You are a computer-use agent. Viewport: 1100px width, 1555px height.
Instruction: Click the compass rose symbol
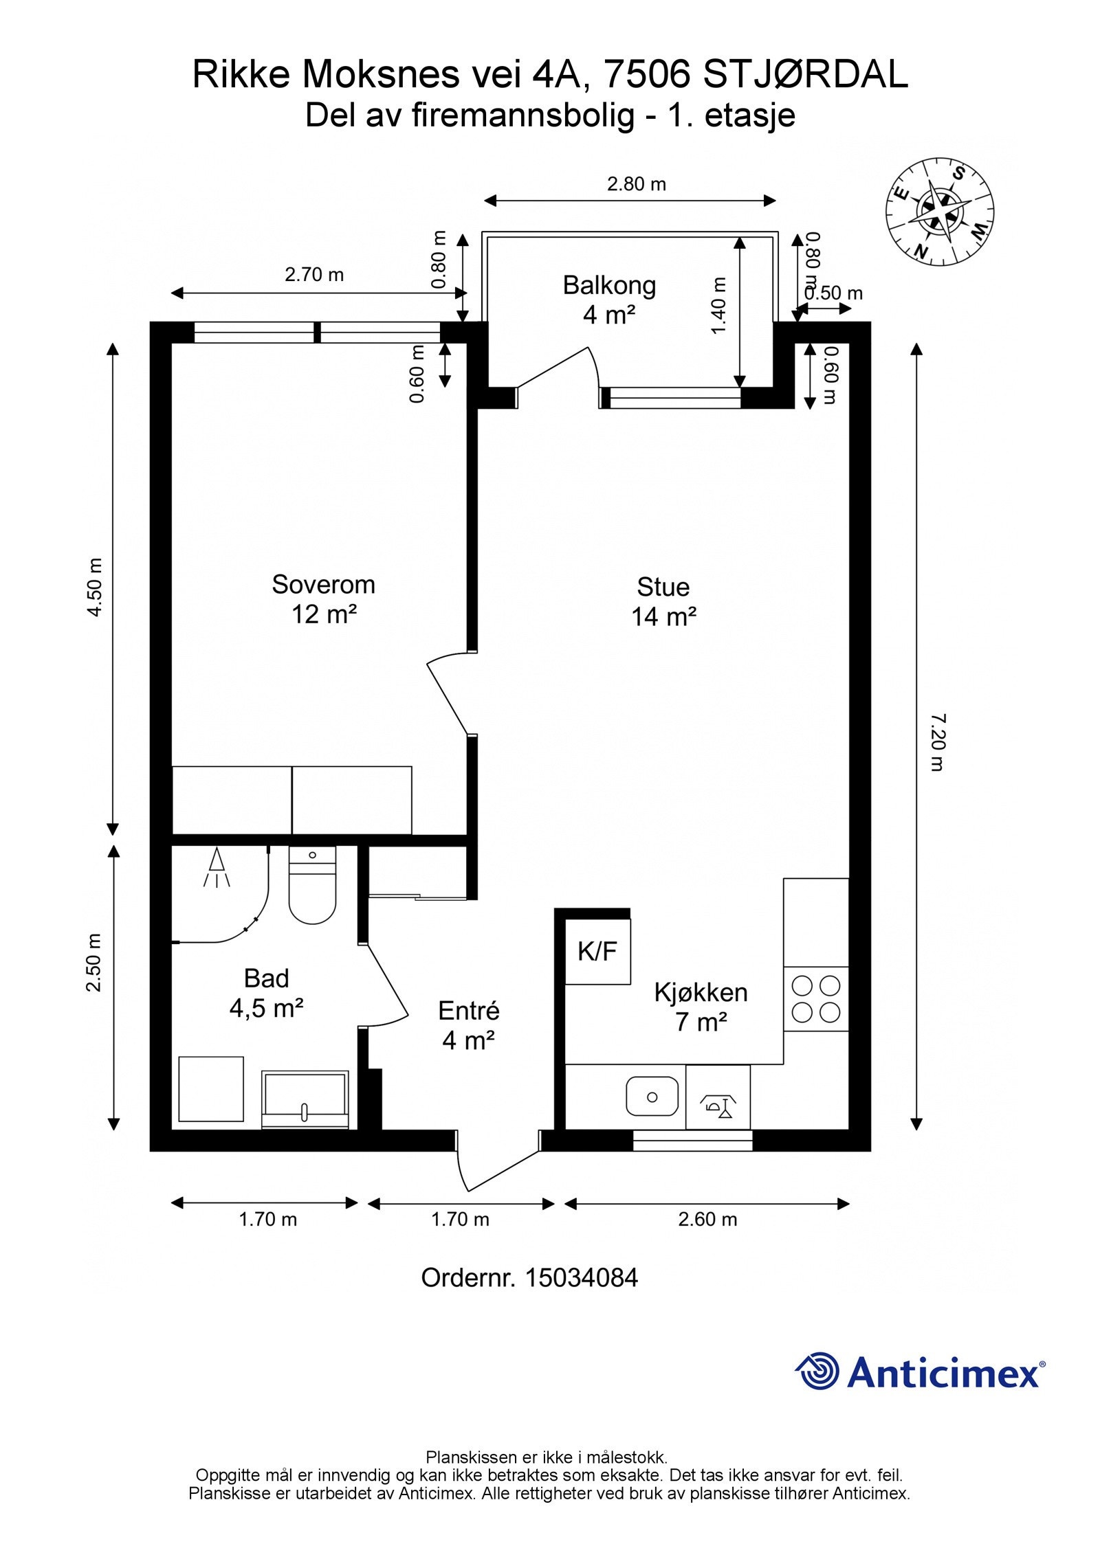(x=940, y=211)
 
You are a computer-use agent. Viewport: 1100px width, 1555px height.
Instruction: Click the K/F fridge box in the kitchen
(x=597, y=951)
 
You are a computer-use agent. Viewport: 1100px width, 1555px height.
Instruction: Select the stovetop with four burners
(x=816, y=998)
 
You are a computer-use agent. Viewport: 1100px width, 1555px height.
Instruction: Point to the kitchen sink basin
(x=652, y=1097)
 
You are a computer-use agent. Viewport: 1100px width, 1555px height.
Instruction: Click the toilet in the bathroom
(x=312, y=885)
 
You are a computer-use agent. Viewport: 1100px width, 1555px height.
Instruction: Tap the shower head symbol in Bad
(x=217, y=867)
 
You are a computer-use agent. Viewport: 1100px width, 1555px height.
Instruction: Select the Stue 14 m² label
(x=663, y=602)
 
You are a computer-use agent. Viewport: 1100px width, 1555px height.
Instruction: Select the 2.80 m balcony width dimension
(x=637, y=184)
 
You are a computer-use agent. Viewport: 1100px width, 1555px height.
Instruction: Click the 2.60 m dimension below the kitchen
(x=707, y=1219)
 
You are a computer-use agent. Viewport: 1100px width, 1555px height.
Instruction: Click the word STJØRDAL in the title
(x=806, y=75)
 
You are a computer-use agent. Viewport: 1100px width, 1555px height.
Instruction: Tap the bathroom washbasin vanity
(x=305, y=1099)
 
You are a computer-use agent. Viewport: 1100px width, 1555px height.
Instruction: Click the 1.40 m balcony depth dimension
(x=719, y=306)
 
